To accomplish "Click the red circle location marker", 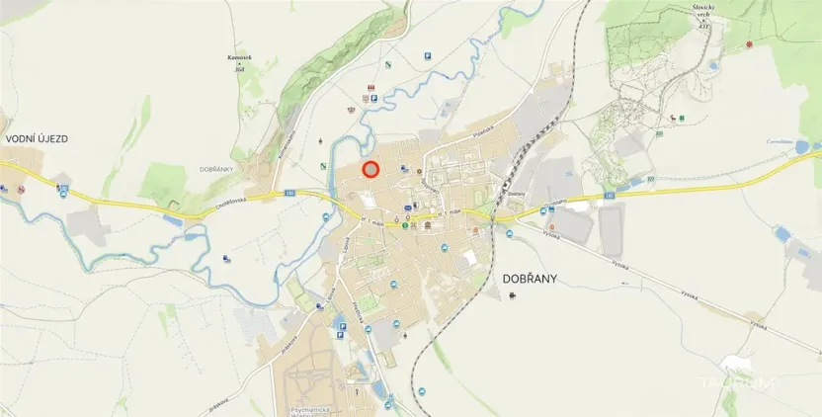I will coord(370,169).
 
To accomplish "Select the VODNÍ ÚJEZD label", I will coord(37,139).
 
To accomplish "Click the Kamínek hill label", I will coord(237,61).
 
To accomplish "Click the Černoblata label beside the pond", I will coord(780,142).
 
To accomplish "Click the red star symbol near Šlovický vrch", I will coord(749,44).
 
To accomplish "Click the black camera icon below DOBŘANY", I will coord(512,295).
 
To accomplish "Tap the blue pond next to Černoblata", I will coord(801,148).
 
